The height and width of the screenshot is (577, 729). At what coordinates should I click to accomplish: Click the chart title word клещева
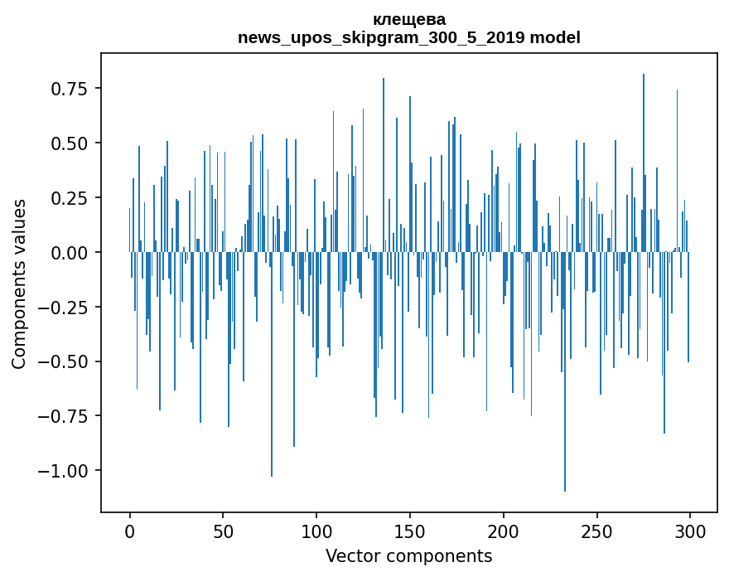coord(408,19)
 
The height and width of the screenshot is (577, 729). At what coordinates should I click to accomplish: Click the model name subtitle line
coord(408,37)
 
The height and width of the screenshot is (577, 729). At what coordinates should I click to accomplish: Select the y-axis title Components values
coord(19,284)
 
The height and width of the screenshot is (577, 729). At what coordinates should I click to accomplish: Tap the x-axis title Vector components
coord(408,556)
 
